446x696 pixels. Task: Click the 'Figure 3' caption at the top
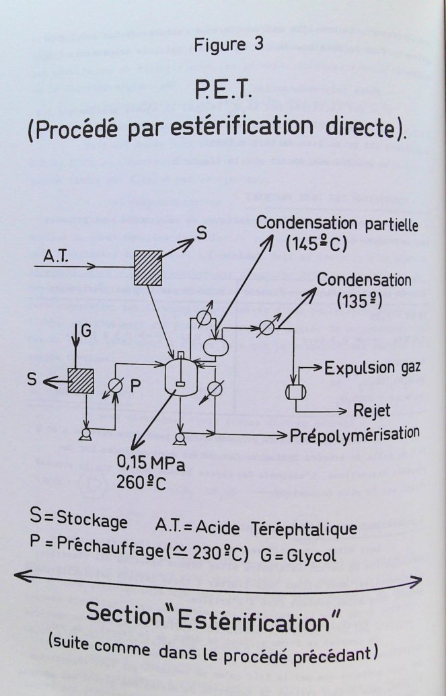click(x=228, y=45)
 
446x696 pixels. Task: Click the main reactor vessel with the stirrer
click(x=181, y=375)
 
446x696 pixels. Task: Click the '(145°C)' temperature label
click(x=316, y=243)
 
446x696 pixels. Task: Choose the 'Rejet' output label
click(x=372, y=410)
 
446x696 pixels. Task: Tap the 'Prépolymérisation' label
click(x=355, y=434)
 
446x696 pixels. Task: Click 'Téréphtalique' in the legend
click(x=308, y=529)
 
